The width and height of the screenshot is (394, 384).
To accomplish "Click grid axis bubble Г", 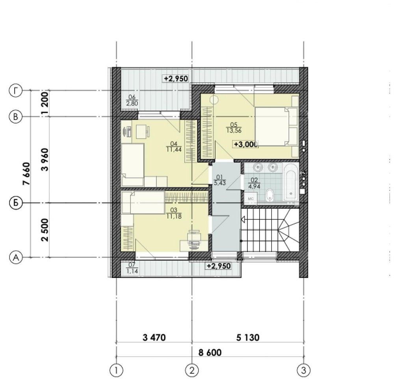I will (x=15, y=91).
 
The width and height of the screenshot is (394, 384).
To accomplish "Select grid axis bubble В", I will (x=15, y=116).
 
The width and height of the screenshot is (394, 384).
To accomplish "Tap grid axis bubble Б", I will (x=15, y=203).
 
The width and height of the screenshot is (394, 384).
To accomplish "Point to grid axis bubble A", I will (x=15, y=257).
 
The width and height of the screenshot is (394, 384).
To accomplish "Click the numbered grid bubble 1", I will (x=116, y=370).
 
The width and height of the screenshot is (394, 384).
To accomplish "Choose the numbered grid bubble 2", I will (x=192, y=370).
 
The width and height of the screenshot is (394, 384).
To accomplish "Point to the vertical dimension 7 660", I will (x=26, y=174).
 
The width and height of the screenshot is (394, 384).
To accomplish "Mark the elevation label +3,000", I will (x=245, y=144).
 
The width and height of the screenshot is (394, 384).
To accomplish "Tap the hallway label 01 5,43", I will (x=218, y=180).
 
